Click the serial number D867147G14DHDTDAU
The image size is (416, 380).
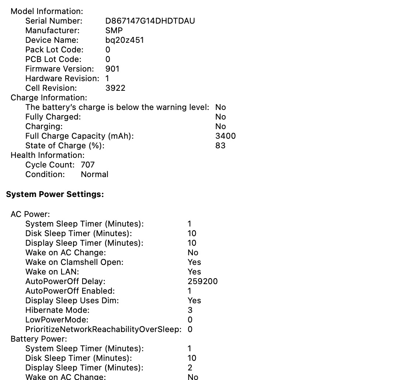150,21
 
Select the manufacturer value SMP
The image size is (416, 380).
114,31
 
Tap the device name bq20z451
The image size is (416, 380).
124,40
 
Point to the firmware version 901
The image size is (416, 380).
112,69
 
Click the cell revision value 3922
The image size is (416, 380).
115,88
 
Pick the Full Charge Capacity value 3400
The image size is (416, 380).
225,136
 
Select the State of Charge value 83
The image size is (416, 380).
220,146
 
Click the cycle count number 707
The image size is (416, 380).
88,165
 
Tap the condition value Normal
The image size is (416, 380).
94,175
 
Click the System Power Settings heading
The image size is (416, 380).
55,194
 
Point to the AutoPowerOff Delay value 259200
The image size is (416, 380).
202,281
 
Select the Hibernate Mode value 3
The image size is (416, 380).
190,310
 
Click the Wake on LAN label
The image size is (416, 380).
52,272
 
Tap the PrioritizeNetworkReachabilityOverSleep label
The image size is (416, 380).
103,329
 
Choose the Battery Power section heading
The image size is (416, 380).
39,339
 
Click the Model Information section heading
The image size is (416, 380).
47,11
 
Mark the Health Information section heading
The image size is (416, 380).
48,155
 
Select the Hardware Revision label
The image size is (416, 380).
62,79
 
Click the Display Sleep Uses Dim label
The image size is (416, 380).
72,301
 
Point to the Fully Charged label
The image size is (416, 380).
53,117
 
